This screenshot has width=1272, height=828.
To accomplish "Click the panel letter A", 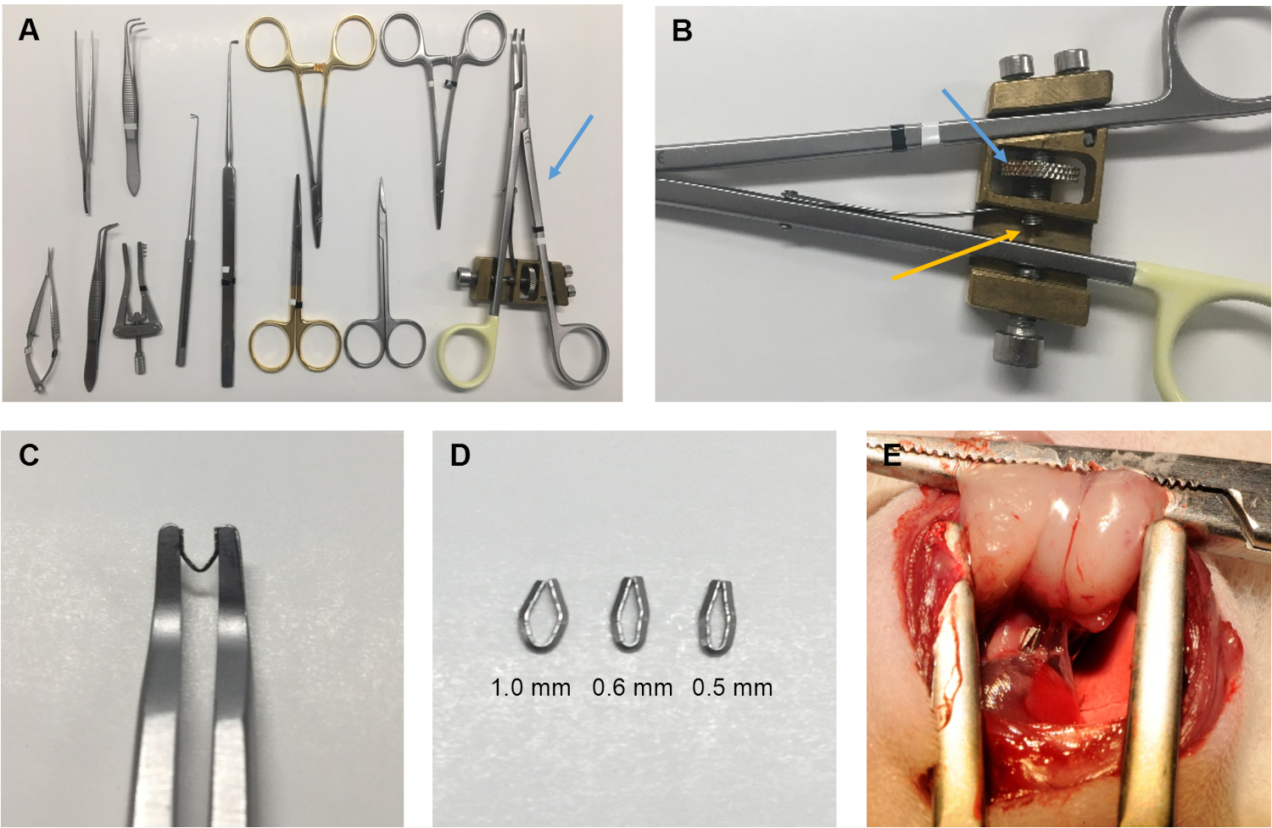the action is [x=29, y=31].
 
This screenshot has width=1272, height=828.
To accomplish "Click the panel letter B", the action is [x=682, y=31].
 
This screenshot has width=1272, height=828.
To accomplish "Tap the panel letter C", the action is [x=29, y=455].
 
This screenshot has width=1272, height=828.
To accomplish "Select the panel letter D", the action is [x=460, y=455].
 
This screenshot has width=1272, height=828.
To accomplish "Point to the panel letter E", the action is [x=892, y=456].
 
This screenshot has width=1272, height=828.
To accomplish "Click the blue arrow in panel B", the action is [x=974, y=125].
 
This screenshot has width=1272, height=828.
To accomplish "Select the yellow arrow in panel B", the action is [x=955, y=255].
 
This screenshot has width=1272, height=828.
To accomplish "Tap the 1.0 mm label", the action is [x=530, y=688].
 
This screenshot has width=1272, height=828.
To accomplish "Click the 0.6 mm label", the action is [x=632, y=688].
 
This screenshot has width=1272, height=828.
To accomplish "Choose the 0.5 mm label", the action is [x=733, y=688].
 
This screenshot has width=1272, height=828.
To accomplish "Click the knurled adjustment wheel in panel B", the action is [x=1040, y=169].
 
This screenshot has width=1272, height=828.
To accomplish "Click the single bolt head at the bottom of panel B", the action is [x=1018, y=347].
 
